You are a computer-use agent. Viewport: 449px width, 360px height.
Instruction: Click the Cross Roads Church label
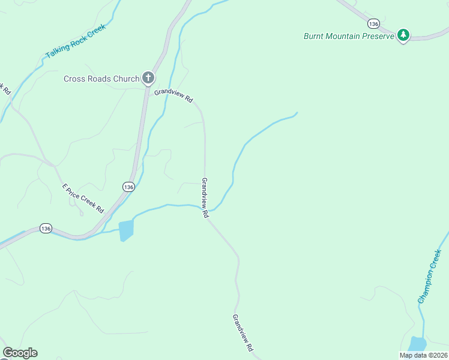tap(101, 78)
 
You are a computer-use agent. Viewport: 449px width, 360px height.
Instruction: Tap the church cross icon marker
tap(148, 77)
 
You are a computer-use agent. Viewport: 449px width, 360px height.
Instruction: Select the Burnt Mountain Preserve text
tap(348, 36)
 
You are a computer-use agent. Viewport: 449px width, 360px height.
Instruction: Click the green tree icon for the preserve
tap(404, 35)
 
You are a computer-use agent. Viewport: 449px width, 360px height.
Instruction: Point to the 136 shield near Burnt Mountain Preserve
tap(375, 23)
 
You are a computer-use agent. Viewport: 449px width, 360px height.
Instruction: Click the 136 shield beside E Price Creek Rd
tap(128, 187)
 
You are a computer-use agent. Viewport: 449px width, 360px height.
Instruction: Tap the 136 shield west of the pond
tap(46, 228)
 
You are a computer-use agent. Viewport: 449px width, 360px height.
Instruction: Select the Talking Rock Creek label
tap(75, 41)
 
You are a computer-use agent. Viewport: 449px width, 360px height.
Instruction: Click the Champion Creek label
tap(430, 277)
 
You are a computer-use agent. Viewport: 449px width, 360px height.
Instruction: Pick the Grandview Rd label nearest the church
tap(173, 95)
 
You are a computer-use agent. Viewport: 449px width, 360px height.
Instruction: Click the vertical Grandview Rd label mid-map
tap(204, 197)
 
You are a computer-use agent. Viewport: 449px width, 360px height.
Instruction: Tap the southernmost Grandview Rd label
tap(243, 332)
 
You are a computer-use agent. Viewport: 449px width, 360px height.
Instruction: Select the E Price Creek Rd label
tap(83, 199)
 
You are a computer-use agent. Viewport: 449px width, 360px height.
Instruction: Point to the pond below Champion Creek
tap(417, 344)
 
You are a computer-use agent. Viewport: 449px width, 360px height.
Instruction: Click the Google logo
tap(20, 353)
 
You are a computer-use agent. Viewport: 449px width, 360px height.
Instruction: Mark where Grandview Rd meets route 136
tap(146, 88)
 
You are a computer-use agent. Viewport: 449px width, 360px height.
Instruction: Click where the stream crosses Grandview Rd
tap(205, 208)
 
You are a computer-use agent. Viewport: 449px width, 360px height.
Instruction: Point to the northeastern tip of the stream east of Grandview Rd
tap(297, 112)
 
